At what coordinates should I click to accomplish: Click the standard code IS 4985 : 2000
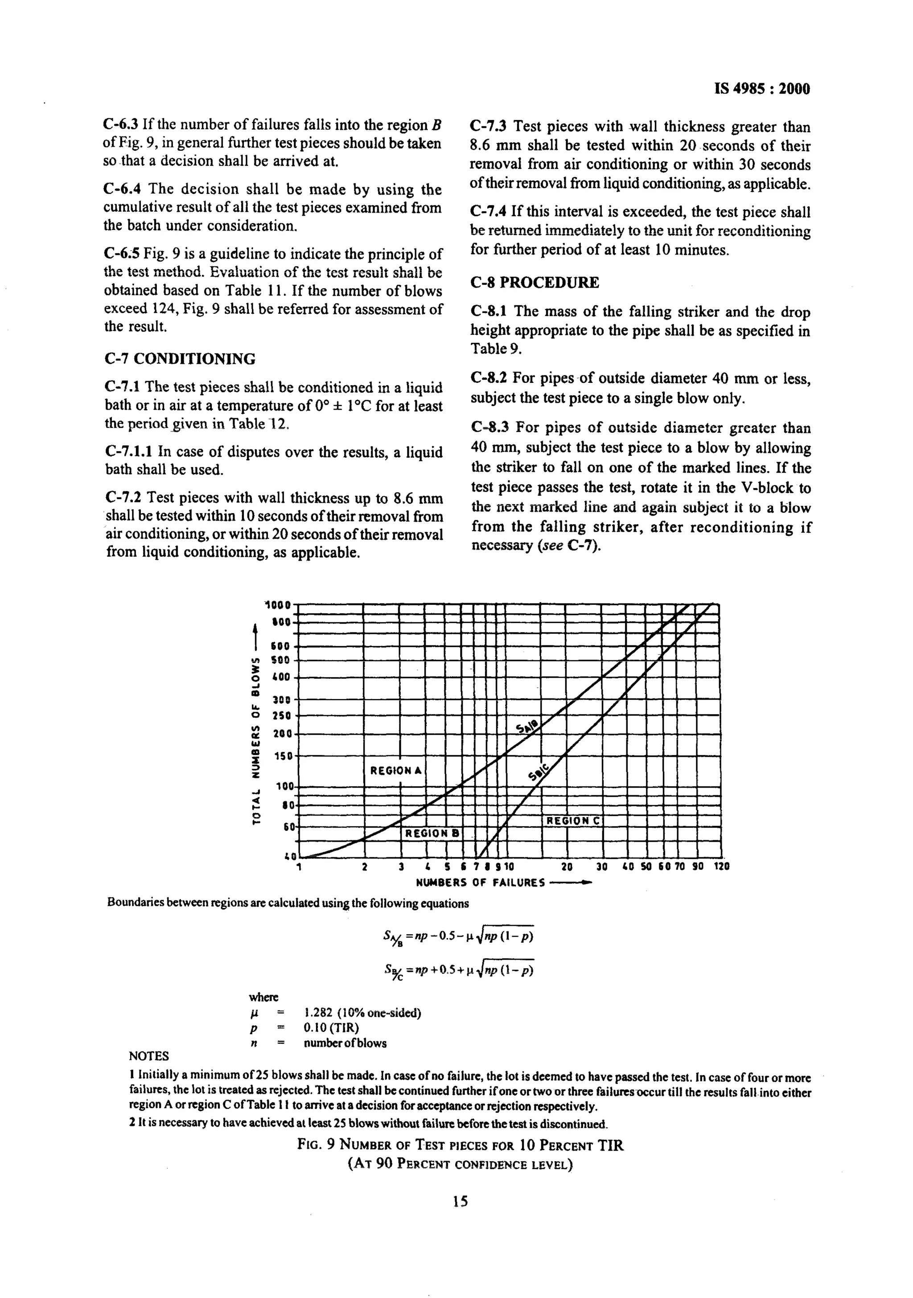761,89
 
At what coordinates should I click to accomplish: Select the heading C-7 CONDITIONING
180,359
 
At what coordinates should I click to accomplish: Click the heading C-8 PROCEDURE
534,283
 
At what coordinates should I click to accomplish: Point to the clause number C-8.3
491,427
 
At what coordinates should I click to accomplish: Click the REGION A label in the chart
396,771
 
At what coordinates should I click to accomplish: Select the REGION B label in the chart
432,833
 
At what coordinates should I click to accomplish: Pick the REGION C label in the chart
572,820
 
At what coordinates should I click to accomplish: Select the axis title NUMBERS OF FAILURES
481,883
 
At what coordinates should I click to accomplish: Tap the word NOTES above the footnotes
149,1056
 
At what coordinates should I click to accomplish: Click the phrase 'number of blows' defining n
345,1043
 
